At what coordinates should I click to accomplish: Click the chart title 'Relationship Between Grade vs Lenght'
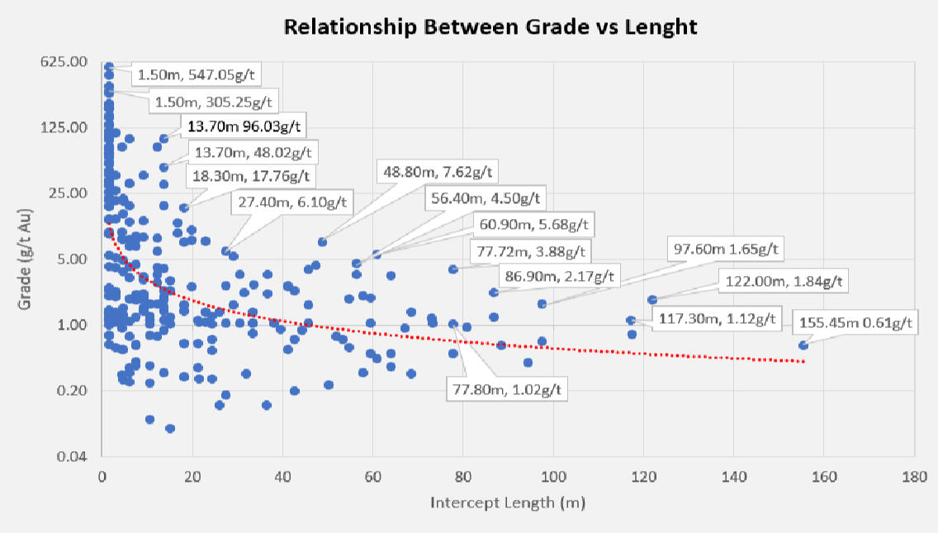[490, 26]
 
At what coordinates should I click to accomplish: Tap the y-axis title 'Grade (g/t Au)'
[26, 259]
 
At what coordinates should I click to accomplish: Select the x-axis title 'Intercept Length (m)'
[508, 502]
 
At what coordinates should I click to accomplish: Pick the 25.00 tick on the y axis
[69, 193]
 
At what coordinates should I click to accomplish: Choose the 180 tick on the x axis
[914, 476]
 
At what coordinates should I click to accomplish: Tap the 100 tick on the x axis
[553, 476]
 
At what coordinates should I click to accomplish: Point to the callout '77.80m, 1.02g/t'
[506, 388]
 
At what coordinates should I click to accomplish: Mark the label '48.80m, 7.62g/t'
[437, 173]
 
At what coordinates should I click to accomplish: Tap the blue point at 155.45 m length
[803, 345]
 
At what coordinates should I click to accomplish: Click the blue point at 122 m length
[652, 300]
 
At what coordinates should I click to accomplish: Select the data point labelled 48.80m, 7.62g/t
[322, 242]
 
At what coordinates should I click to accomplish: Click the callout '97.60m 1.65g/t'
[724, 248]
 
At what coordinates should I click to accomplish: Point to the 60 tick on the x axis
[372, 476]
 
